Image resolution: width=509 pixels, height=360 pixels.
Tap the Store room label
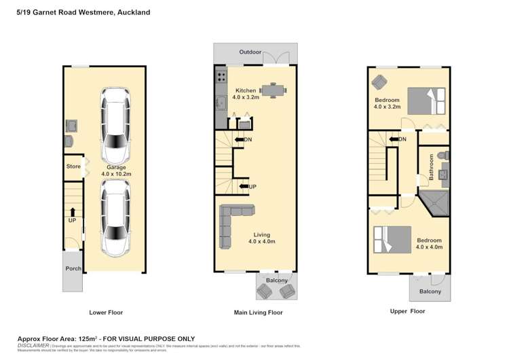pyautogui.click(x=73, y=166)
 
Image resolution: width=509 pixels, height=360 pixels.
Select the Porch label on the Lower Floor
pyautogui.click(x=73, y=268)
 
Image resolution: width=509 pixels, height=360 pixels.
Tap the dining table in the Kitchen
pyautogui.click(x=271, y=90)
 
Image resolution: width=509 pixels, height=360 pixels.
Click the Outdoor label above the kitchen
pyautogui.click(x=249, y=52)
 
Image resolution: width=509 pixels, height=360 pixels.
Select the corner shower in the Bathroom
pyautogui.click(x=434, y=202)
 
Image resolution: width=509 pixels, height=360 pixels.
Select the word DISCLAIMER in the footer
pyautogui.click(x=33, y=345)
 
